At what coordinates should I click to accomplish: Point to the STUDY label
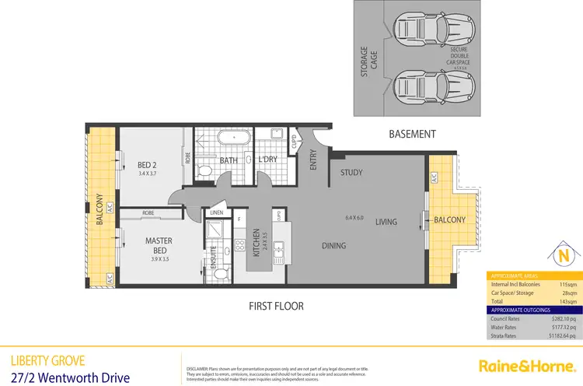[352, 172]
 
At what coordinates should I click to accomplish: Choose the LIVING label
[386, 222]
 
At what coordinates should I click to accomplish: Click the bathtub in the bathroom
[231, 140]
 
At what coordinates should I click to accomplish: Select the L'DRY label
[268, 161]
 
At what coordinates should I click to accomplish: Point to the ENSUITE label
[214, 258]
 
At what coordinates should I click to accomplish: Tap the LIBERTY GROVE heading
[44, 360]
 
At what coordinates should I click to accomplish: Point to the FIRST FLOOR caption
[277, 306]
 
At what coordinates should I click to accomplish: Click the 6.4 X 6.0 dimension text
[354, 218]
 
